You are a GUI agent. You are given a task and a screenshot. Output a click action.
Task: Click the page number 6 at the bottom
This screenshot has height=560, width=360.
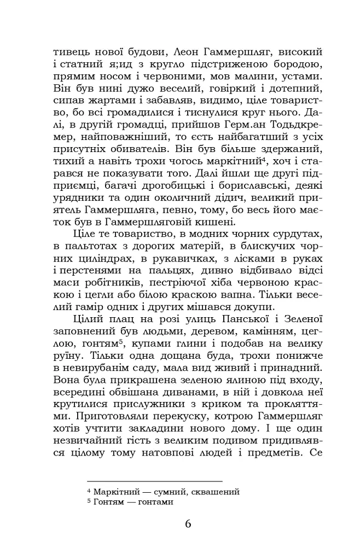pos(188,524)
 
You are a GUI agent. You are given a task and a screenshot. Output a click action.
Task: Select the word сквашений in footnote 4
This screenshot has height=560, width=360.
pos(219,492)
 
